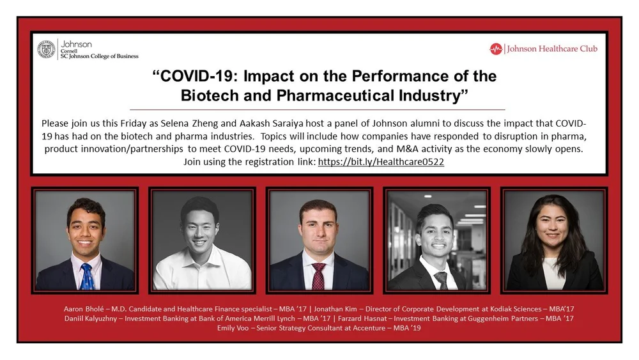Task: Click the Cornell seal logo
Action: (46, 49)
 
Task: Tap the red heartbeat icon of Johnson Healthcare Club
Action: (496, 49)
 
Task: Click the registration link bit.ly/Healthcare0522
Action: (381, 162)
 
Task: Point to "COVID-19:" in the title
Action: (197, 76)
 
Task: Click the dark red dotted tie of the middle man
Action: (318, 276)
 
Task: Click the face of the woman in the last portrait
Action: (551, 226)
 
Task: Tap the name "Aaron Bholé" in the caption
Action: (84, 309)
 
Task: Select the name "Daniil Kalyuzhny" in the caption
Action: (91, 318)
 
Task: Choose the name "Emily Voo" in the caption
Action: (233, 328)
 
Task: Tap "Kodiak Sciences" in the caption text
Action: (516, 309)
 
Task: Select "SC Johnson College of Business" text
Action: (100, 56)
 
